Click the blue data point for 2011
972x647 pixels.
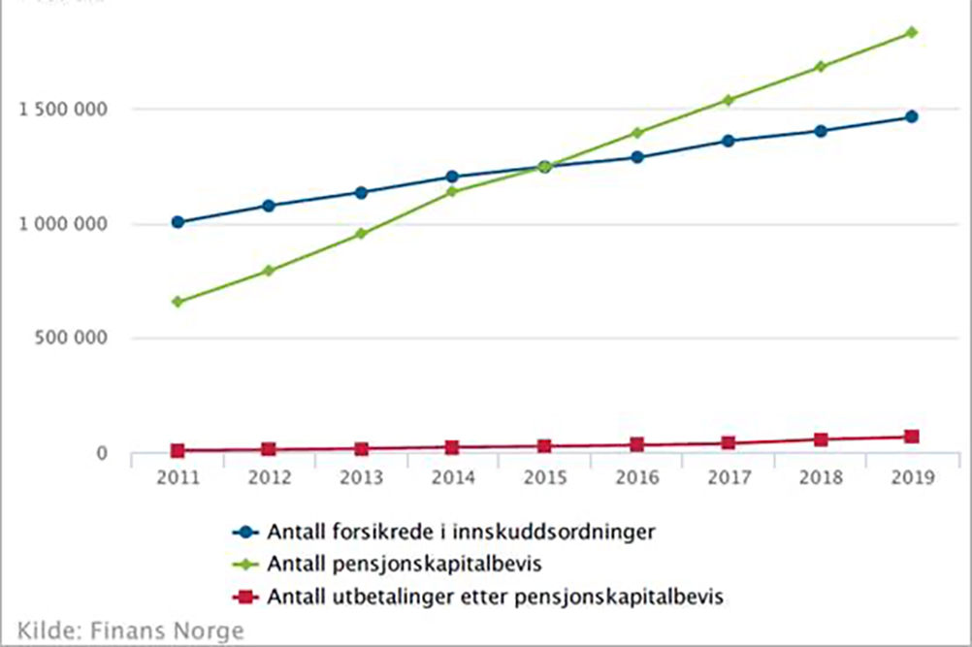[x=178, y=222]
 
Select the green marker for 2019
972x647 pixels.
[x=912, y=32]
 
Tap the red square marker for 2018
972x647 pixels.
[x=821, y=439]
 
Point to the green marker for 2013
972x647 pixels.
[x=361, y=234]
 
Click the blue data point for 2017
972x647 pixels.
[x=729, y=141]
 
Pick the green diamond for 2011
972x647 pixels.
[x=178, y=302]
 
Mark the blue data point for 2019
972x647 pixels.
[x=912, y=116]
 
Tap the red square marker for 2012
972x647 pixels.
[x=269, y=449]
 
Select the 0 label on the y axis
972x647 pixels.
[x=100, y=453]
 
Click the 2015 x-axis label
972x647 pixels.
[x=544, y=477]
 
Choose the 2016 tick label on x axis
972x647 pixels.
[x=636, y=477]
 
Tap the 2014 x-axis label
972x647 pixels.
[x=453, y=477]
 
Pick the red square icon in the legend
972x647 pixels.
[x=245, y=595]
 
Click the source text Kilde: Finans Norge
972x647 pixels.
[x=130, y=630]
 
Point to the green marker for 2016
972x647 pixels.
[x=636, y=133]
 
